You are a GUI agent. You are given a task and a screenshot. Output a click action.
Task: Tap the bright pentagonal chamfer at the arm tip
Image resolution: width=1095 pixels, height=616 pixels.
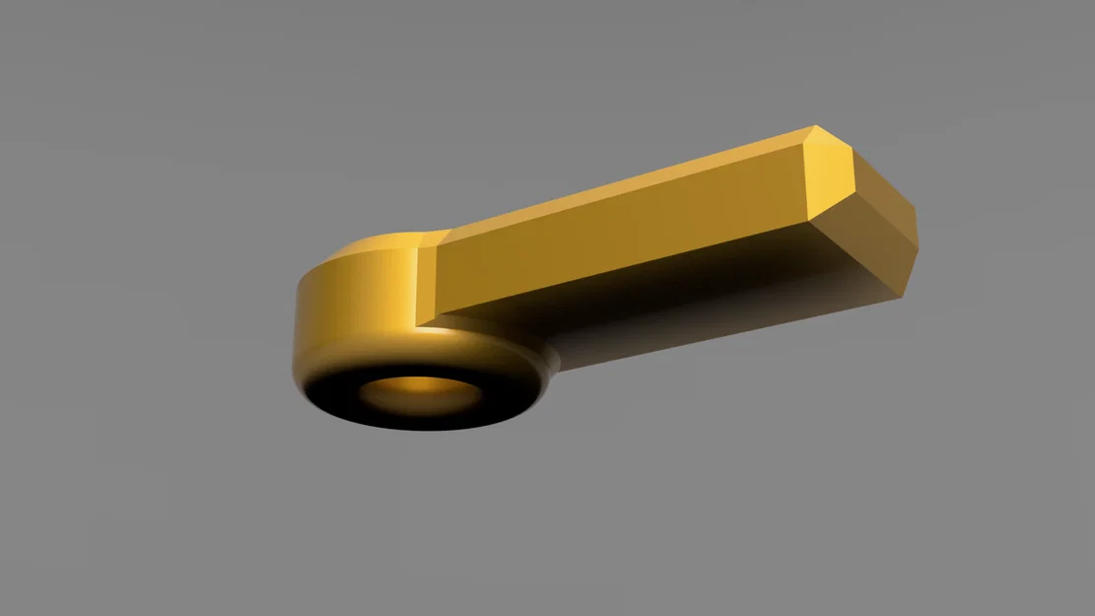834,177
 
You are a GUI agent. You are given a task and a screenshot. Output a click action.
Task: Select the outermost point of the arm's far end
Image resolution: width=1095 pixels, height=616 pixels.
918,241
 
